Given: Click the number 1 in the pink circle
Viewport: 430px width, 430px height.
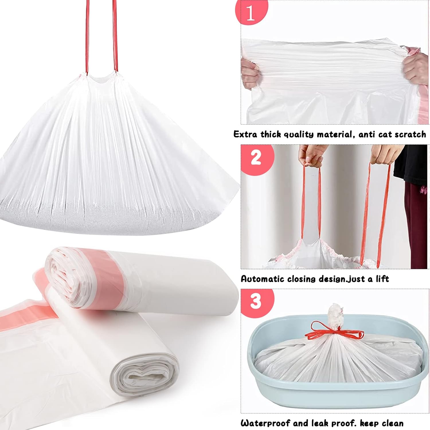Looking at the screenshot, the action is [250, 13].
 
